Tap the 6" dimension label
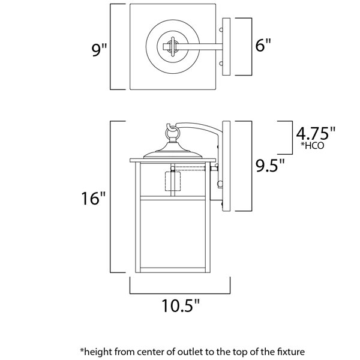263,46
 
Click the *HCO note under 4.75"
313,146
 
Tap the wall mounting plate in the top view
226,47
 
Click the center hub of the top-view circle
172,46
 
